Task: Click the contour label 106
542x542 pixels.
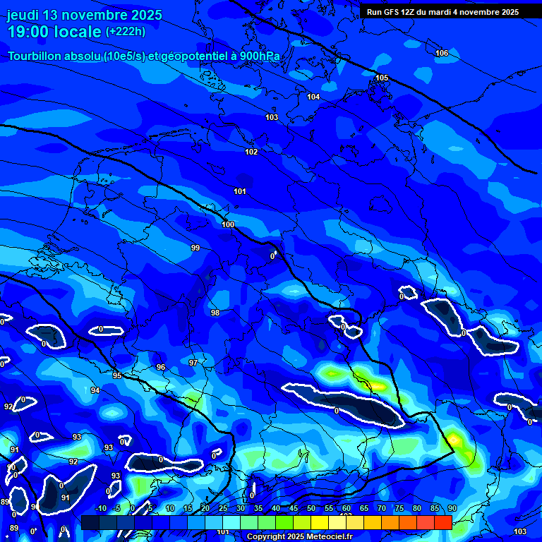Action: pos(442,54)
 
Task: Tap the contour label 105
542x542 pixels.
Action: pos(382,78)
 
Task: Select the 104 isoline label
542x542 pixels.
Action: pos(313,97)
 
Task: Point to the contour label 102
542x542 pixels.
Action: pos(251,152)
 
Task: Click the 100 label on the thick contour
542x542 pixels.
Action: pos(228,224)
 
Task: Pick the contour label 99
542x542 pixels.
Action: pos(195,248)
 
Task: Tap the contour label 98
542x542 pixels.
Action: pos(215,313)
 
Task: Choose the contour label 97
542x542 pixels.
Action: pos(193,363)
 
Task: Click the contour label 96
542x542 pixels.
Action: pos(161,368)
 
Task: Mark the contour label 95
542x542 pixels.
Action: pos(117,375)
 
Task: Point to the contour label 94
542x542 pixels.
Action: pos(95,390)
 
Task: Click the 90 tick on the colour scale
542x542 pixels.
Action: pos(452,508)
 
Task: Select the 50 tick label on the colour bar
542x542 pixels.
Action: pos(311,508)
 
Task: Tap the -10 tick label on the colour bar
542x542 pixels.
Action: pos(100,508)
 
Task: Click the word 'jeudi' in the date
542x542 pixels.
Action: pos(23,15)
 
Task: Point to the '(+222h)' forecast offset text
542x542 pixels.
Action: pos(126,31)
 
